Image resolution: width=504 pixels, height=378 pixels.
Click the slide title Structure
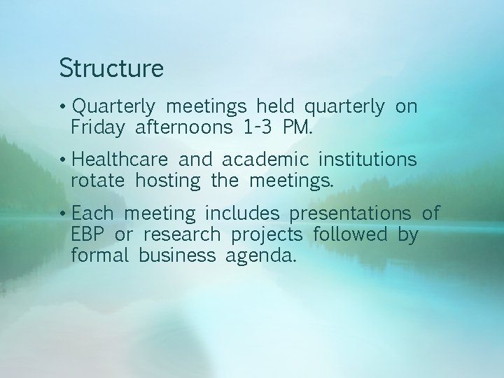[111, 69]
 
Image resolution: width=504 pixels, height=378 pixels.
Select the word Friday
[98, 127]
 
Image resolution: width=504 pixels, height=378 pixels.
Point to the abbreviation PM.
[299, 127]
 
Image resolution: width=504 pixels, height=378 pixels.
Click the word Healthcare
[118, 160]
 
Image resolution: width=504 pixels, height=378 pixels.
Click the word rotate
[97, 181]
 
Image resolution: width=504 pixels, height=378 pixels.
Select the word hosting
[168, 181]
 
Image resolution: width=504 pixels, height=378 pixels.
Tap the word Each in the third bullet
[97, 213]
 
